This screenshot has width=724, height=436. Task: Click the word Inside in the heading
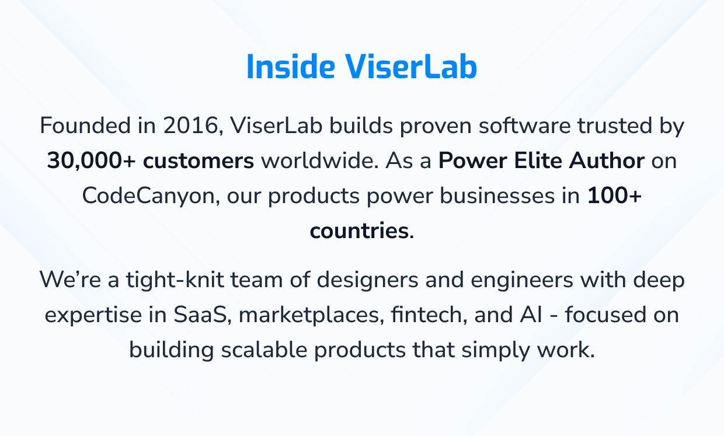coord(291,67)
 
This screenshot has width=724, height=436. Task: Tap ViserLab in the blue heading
coord(411,67)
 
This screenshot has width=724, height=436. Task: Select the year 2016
coord(190,125)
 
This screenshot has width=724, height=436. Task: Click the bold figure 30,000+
coord(91,161)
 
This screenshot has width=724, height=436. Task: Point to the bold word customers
coord(199,161)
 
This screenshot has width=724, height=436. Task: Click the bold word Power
coord(472,161)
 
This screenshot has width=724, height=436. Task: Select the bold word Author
coord(607,161)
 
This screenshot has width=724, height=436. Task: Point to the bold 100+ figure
coord(614,196)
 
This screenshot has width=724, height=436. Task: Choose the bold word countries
coord(360,231)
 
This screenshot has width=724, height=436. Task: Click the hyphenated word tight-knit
coord(175,280)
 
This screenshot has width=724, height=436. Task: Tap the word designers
coord(367,280)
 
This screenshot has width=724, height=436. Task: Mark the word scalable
coord(264,350)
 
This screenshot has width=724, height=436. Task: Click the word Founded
coord(85,125)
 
